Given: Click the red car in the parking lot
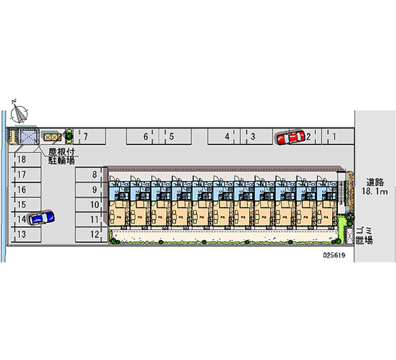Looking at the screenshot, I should pos(290,138).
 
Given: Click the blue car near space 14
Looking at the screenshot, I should pos(41,217).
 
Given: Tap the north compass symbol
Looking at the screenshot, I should pos(19,112).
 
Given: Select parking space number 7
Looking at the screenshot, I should pos(90,136).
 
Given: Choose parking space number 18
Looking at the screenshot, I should pos(25,159).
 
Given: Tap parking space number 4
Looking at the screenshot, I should pos(223,136).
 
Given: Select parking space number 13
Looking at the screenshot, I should pos(25,234).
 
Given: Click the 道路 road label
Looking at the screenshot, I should pos(374,182).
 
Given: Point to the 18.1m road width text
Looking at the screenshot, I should pos(374,191).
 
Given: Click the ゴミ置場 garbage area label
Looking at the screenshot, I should pos(364,236).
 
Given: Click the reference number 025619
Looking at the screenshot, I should pos(334,256).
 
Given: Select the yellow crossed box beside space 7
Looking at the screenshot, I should pos(51,136).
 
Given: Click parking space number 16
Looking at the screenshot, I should pos(25,189).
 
